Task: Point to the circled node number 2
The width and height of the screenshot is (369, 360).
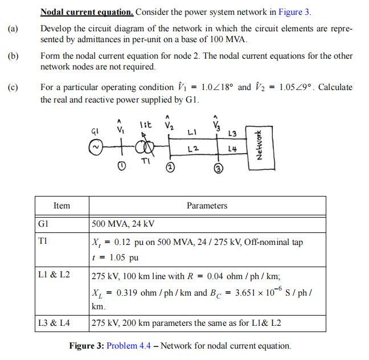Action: point(170,167)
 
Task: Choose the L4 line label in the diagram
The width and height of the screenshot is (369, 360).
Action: point(232,149)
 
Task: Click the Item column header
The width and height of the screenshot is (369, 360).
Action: point(61,206)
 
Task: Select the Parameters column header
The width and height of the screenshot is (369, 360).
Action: point(207,206)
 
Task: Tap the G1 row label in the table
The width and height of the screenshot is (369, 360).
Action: point(43,223)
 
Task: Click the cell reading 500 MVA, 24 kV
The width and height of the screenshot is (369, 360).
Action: point(123,224)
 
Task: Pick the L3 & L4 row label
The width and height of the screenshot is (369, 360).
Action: point(54,323)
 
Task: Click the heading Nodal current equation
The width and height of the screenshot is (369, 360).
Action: point(87,11)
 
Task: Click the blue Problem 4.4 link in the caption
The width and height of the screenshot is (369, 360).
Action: point(129,346)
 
